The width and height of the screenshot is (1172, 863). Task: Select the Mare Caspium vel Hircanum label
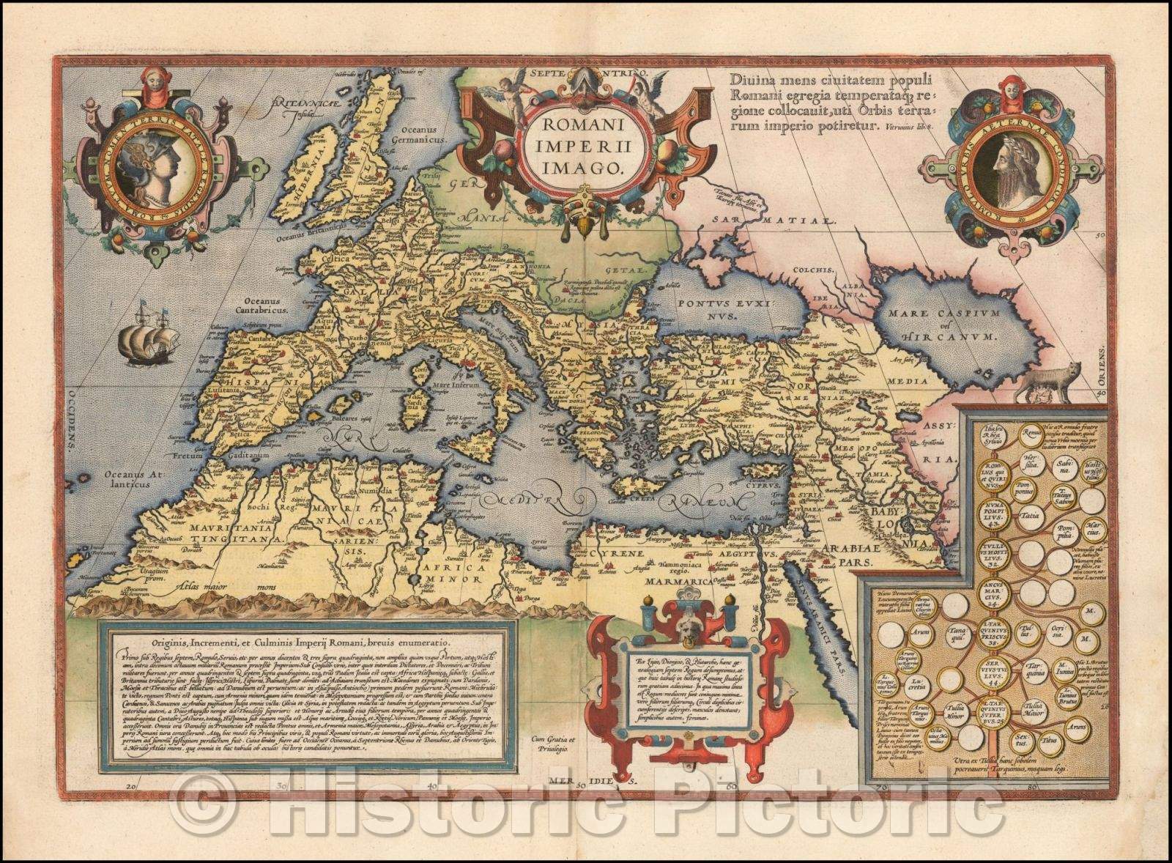click(x=943, y=326)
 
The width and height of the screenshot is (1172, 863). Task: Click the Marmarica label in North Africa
click(x=678, y=581)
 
